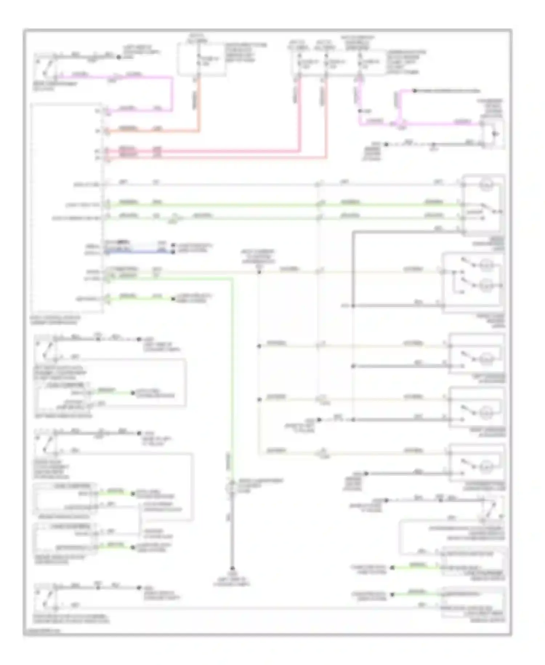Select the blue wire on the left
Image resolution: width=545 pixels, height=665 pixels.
138,251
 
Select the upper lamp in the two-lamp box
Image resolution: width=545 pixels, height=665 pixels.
487,265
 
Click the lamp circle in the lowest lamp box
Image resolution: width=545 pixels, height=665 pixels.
486,466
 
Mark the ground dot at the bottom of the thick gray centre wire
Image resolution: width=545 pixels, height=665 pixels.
232,568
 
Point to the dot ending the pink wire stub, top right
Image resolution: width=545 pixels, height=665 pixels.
415,91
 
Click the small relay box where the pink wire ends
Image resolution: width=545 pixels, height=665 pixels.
493,134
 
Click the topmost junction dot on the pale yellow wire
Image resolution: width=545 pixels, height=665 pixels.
259,272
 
